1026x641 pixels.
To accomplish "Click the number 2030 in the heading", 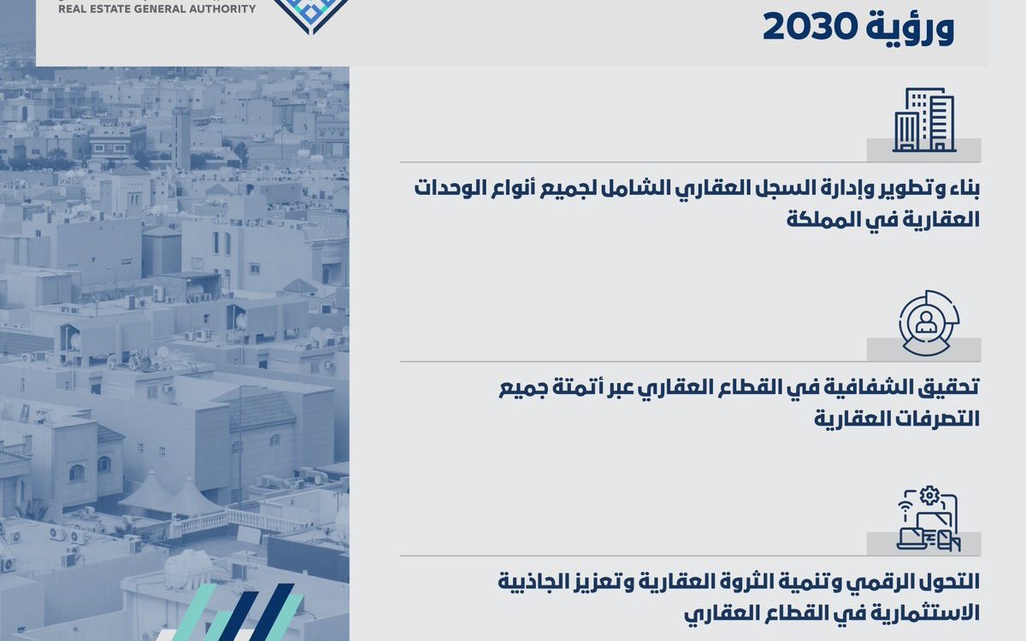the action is tap(810, 27).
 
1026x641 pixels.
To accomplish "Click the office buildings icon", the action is tap(924, 120).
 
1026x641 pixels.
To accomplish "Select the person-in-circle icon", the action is tap(929, 323).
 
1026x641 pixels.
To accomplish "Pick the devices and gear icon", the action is tap(929, 518).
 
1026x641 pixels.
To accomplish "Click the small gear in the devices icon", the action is tap(929, 496).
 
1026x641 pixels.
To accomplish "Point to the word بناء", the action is tap(962, 190).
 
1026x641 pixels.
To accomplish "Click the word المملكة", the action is tap(817, 220).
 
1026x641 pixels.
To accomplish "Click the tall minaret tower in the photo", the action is tap(181, 138).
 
